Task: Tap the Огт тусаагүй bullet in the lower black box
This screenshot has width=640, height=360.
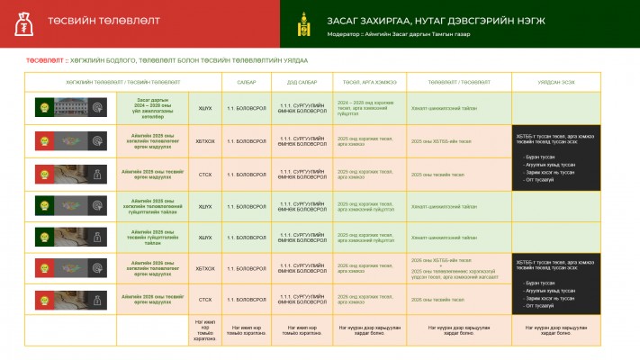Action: click(537, 305)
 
